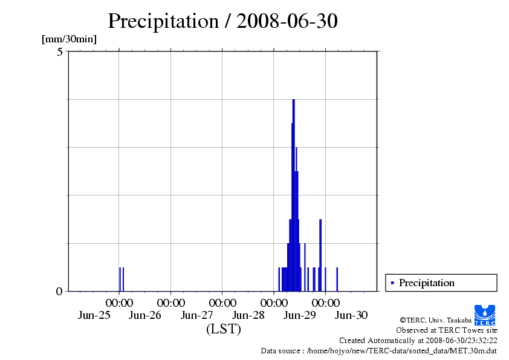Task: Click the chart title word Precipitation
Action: [x=163, y=21]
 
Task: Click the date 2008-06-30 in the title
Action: [x=287, y=21]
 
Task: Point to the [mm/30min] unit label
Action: [x=69, y=39]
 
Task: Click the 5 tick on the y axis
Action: [x=60, y=52]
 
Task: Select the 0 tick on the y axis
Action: [x=59, y=291]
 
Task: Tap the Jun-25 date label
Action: [x=94, y=315]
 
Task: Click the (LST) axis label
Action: [x=223, y=330]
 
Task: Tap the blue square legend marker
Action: [x=393, y=283]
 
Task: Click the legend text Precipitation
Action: [x=426, y=283]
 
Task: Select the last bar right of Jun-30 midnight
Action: [x=337, y=279]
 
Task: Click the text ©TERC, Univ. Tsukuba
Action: [x=435, y=319]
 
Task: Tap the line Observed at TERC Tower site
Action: [x=446, y=330]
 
